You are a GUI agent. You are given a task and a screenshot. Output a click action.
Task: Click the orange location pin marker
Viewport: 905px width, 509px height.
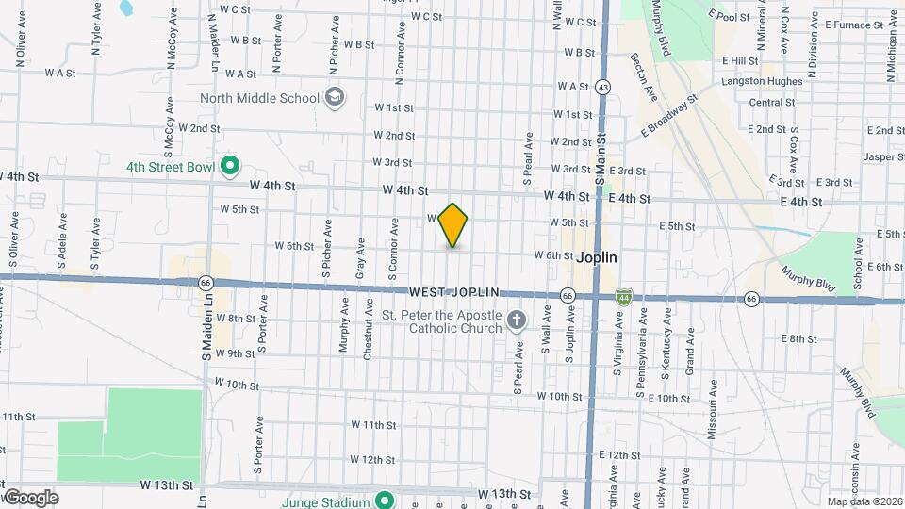click(453, 225)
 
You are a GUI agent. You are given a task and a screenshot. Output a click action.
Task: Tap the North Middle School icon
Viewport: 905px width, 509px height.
click(334, 97)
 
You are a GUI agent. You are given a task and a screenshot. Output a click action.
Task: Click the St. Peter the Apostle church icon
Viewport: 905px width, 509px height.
click(516, 321)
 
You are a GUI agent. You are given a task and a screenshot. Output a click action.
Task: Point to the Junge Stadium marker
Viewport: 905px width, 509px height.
click(384, 501)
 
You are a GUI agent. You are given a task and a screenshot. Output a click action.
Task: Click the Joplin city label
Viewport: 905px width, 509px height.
click(597, 256)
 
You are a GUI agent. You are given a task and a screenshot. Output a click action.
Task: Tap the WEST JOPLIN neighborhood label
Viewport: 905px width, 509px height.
click(453, 294)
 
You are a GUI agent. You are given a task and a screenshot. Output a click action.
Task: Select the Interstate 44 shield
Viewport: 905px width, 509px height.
click(623, 296)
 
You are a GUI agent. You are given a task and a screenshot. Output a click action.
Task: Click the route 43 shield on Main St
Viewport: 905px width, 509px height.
click(602, 87)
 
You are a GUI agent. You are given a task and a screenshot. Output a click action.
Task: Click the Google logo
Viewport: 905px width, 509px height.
click(30, 497)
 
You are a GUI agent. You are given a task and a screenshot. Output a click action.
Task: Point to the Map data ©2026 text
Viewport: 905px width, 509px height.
click(864, 501)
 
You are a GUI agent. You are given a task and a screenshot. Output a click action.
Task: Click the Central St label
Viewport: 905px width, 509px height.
click(771, 103)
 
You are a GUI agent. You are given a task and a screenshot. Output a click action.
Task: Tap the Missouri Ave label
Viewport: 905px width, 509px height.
click(715, 408)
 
